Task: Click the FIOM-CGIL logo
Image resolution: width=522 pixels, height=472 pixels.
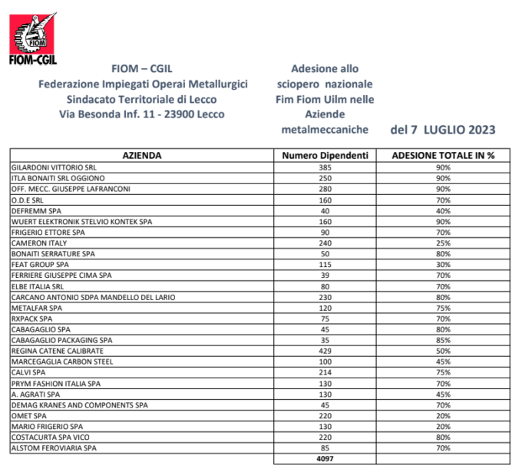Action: pyautogui.click(x=32, y=38)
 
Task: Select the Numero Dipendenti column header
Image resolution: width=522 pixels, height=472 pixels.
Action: pyautogui.click(x=325, y=155)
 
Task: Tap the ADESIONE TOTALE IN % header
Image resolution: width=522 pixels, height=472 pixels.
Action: pyautogui.click(x=443, y=155)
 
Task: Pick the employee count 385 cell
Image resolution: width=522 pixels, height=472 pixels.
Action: pyautogui.click(x=325, y=167)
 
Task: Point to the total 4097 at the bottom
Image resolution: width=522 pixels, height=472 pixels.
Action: pyautogui.click(x=325, y=459)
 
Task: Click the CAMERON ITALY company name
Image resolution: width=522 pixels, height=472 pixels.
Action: pyautogui.click(x=39, y=243)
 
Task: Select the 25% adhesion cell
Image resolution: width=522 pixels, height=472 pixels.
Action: pyautogui.click(x=443, y=243)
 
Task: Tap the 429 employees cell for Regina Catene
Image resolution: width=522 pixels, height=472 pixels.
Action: pyautogui.click(x=325, y=350)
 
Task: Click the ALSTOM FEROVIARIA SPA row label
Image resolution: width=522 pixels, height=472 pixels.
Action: pyautogui.click(x=54, y=447)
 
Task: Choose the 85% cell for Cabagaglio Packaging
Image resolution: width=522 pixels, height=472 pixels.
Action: pyautogui.click(x=443, y=339)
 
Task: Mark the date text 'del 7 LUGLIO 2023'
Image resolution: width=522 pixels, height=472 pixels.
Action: pyautogui.click(x=442, y=129)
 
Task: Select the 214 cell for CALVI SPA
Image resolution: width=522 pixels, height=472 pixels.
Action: pyautogui.click(x=325, y=371)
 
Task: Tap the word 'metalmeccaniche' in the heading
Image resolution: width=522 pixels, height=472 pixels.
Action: pyautogui.click(x=325, y=130)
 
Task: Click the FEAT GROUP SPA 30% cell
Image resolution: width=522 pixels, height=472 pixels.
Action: pyautogui.click(x=443, y=264)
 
